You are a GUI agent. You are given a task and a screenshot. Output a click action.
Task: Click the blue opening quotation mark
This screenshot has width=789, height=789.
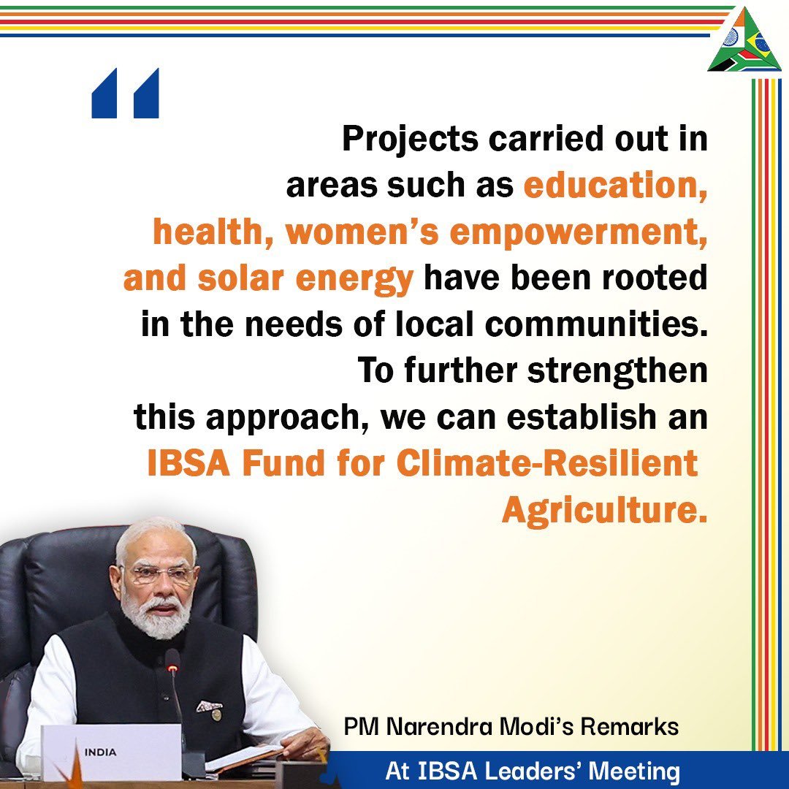[125, 94]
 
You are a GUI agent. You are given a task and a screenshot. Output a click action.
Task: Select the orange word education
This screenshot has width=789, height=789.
[615, 186]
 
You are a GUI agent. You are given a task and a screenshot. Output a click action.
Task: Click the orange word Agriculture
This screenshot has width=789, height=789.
[605, 511]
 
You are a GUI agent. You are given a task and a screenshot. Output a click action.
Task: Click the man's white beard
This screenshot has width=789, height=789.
[156, 621]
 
